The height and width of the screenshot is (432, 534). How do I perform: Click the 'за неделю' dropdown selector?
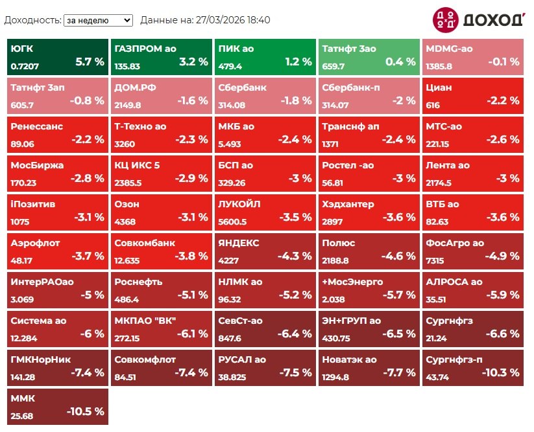[98, 20]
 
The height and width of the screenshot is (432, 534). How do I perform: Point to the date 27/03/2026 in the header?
[220, 20]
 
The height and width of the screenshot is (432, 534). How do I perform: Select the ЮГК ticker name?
[22, 49]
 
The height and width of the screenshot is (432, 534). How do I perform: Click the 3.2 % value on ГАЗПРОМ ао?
[193, 62]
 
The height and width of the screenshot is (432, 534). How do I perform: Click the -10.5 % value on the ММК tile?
[85, 411]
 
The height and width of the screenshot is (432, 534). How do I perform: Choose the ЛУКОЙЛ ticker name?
[239, 204]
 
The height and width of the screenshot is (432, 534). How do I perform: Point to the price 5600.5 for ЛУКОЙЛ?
[233, 222]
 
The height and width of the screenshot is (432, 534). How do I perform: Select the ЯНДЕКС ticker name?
[239, 243]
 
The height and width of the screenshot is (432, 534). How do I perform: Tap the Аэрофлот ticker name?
[35, 243]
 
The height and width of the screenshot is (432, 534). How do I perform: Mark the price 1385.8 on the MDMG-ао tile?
[439, 66]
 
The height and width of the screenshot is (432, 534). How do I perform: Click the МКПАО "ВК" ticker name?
[145, 321]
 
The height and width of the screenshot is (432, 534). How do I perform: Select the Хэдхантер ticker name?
[348, 204]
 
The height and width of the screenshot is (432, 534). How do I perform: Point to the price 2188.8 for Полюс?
[335, 260]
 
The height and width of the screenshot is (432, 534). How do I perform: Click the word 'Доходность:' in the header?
[32, 20]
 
